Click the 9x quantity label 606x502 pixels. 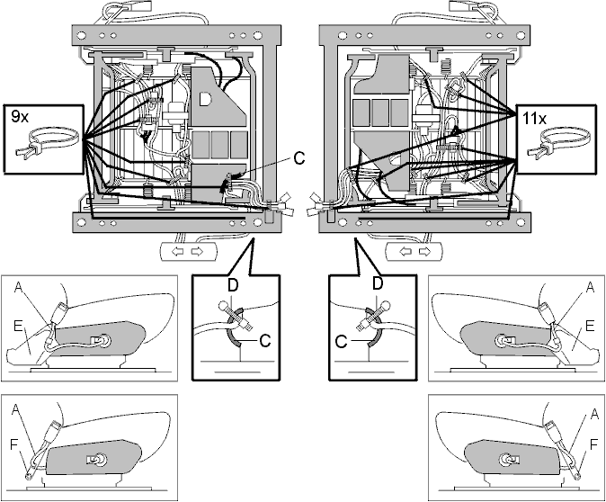pos(20,116)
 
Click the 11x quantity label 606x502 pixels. pos(534,119)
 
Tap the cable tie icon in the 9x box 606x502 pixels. pos(48,142)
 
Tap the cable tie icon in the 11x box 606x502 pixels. pos(561,142)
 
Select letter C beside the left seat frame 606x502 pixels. pos(299,158)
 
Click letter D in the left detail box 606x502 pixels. pos(233,285)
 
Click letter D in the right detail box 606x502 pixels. pos(378,283)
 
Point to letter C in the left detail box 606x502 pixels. pos(265,341)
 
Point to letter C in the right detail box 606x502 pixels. pos(342,342)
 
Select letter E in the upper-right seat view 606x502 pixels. pos(590,326)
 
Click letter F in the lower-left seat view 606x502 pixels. pos(13,445)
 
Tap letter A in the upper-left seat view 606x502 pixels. pos(18,287)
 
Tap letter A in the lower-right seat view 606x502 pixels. pos(595,415)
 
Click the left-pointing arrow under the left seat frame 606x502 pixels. pos(177,252)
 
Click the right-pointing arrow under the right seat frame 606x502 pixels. pos(424,252)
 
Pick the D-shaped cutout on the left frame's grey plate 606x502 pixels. pos(205,99)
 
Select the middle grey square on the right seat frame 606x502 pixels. pos(380,112)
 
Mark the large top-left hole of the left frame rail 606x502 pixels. pos(81,36)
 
